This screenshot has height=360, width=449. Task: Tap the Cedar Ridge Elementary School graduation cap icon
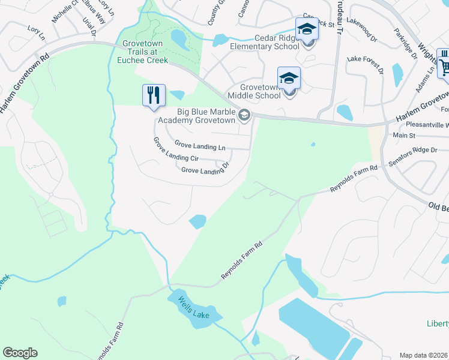tap(307, 29)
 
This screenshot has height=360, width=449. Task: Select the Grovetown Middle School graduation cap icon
tap(289, 79)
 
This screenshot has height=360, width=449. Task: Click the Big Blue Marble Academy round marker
tap(244, 115)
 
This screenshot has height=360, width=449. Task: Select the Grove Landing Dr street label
tap(205, 171)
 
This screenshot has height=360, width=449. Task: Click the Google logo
tap(20, 352)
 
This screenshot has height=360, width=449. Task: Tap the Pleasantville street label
tap(427, 125)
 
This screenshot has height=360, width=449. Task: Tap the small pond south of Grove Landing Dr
tap(197, 222)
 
